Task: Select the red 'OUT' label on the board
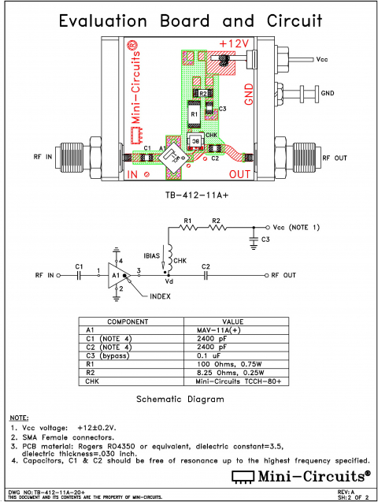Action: click(x=241, y=173)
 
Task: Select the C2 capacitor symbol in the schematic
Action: click(x=206, y=275)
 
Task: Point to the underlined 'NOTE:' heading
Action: click(x=19, y=416)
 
